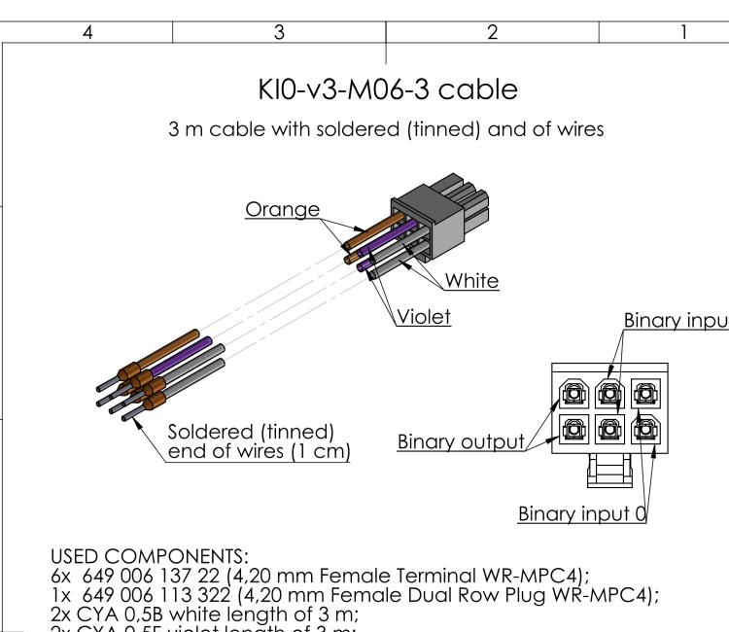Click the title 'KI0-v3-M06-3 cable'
(387, 94)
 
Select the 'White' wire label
(471, 282)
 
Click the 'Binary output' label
(459, 443)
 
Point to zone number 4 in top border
(87, 32)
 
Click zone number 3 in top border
(279, 32)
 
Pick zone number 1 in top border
(686, 32)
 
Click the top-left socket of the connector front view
(573, 393)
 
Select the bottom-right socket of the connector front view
(644, 429)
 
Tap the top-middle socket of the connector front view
(609, 393)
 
